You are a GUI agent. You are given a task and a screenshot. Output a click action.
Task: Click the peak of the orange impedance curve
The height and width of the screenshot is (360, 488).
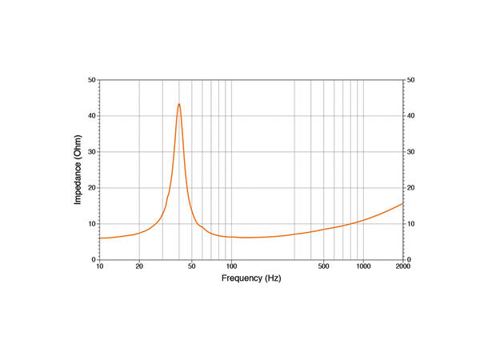[179, 104]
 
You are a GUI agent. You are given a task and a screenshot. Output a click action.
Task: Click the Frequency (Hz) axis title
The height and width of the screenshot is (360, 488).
[251, 279]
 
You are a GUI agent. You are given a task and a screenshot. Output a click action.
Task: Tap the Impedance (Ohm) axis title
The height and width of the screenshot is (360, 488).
[78, 170]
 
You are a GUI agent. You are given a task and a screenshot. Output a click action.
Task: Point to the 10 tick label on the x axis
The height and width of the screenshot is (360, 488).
[99, 266]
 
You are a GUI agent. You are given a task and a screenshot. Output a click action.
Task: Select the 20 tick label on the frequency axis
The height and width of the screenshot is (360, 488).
[139, 266]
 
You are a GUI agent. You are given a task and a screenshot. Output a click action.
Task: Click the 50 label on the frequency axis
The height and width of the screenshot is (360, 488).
[192, 266]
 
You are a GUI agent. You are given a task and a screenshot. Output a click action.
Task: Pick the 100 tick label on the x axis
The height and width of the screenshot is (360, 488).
[231, 266]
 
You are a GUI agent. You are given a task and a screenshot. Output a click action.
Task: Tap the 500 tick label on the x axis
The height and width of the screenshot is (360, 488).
[323, 266]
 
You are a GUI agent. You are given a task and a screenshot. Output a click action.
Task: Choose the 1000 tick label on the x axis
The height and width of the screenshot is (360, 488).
[363, 266]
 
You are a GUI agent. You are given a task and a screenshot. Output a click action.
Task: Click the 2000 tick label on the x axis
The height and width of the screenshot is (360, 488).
[402, 266]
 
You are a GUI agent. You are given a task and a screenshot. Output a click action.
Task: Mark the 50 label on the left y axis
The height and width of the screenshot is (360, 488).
[92, 80]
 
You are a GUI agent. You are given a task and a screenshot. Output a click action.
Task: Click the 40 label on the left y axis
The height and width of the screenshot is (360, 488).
[92, 116]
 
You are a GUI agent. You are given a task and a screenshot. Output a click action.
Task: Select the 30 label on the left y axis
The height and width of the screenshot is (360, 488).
[92, 152]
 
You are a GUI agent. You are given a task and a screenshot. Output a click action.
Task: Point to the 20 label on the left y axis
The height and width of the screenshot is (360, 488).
[92, 188]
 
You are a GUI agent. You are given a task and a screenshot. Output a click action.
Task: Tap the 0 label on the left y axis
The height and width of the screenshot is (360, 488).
[94, 260]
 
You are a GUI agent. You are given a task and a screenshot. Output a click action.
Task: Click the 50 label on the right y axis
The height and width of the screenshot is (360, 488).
[411, 80]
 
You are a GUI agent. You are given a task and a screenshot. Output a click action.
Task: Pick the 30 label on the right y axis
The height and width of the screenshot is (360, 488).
[411, 152]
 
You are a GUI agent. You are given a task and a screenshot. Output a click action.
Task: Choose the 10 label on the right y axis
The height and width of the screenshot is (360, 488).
[411, 224]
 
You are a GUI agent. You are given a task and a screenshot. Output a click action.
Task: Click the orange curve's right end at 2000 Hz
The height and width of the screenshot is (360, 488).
[403, 203]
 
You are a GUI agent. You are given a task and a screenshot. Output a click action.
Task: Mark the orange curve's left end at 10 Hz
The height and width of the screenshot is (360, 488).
[99, 238]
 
